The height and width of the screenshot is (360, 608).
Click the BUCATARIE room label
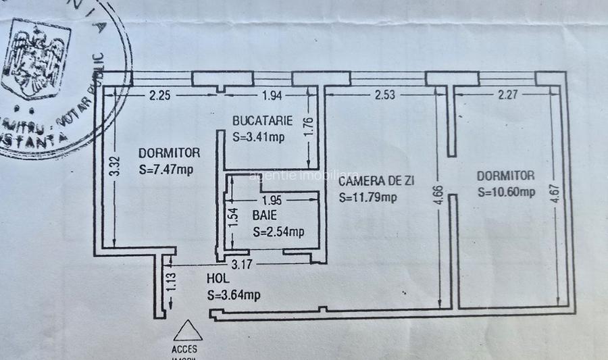pos(262,122)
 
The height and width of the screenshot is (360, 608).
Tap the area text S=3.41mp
pos(259,136)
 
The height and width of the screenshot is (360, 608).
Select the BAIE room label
pos(265,216)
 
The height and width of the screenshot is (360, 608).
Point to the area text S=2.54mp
pos(278,232)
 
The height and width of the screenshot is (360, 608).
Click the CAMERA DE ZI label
pos(376,181)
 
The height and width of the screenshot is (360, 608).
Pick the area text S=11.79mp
pos(368,198)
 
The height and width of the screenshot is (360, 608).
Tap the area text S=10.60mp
pos(506,192)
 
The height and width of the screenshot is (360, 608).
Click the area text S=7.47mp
pos(166,170)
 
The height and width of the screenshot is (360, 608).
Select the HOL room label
pos(218,278)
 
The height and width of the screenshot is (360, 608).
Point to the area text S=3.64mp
pos(233,294)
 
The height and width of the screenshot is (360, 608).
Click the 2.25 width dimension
pos(159,95)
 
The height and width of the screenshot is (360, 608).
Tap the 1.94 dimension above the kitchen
pos(271,95)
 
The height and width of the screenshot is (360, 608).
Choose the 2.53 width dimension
pos(385,95)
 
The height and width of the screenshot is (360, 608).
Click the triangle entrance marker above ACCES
pos(188,331)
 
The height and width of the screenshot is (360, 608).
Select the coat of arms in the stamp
pos(35,59)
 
